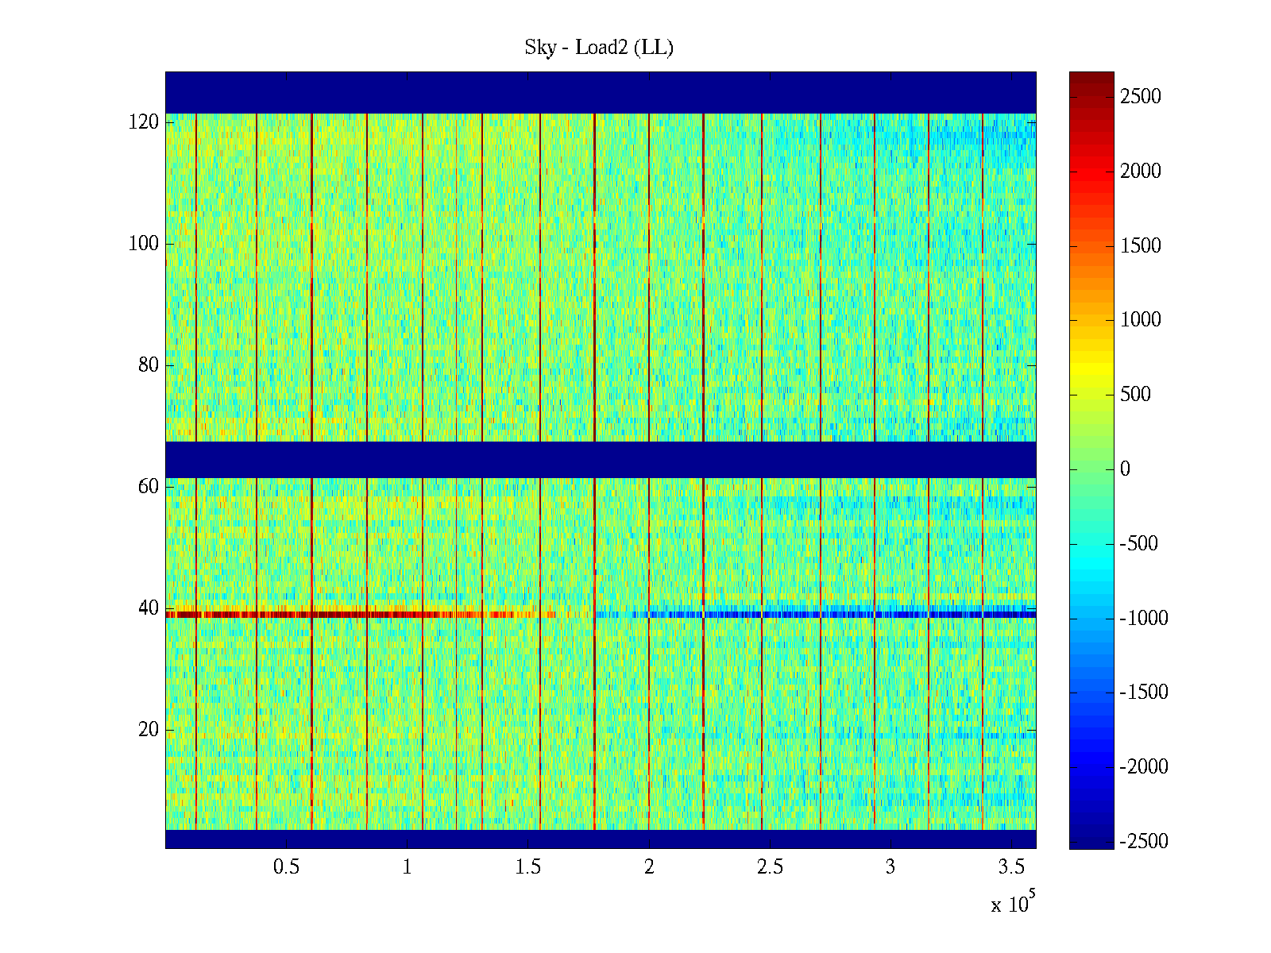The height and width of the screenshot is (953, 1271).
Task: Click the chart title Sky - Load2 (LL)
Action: pos(599,48)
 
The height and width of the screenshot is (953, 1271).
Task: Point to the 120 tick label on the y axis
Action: pos(144,122)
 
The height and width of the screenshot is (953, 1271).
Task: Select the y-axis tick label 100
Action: pos(144,244)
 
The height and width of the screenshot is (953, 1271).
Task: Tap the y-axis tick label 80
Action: pos(149,365)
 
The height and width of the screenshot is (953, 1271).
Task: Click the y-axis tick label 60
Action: pos(149,487)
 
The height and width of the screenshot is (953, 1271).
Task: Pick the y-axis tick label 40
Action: pos(149,608)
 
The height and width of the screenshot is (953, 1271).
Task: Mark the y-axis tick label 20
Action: pos(149,730)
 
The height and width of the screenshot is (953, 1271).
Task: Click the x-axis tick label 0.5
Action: pos(286,867)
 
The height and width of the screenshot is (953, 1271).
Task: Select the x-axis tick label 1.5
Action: pos(528,867)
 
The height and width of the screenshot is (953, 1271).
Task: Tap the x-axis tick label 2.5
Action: pos(770,867)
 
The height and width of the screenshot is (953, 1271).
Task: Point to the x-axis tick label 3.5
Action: pos(1011,867)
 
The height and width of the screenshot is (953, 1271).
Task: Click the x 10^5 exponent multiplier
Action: pos(1012,904)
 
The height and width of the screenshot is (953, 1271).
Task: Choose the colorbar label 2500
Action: pos(1141,97)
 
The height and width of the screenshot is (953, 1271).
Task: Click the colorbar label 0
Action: pos(1125,469)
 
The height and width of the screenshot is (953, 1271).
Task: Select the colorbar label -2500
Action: pos(1144,842)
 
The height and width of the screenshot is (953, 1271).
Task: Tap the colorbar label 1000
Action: pos(1141,320)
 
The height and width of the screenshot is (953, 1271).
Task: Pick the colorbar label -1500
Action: pos(1144,693)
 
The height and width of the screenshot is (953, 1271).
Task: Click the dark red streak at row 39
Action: pos(318,615)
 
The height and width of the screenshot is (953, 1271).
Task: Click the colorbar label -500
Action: pos(1139,544)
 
